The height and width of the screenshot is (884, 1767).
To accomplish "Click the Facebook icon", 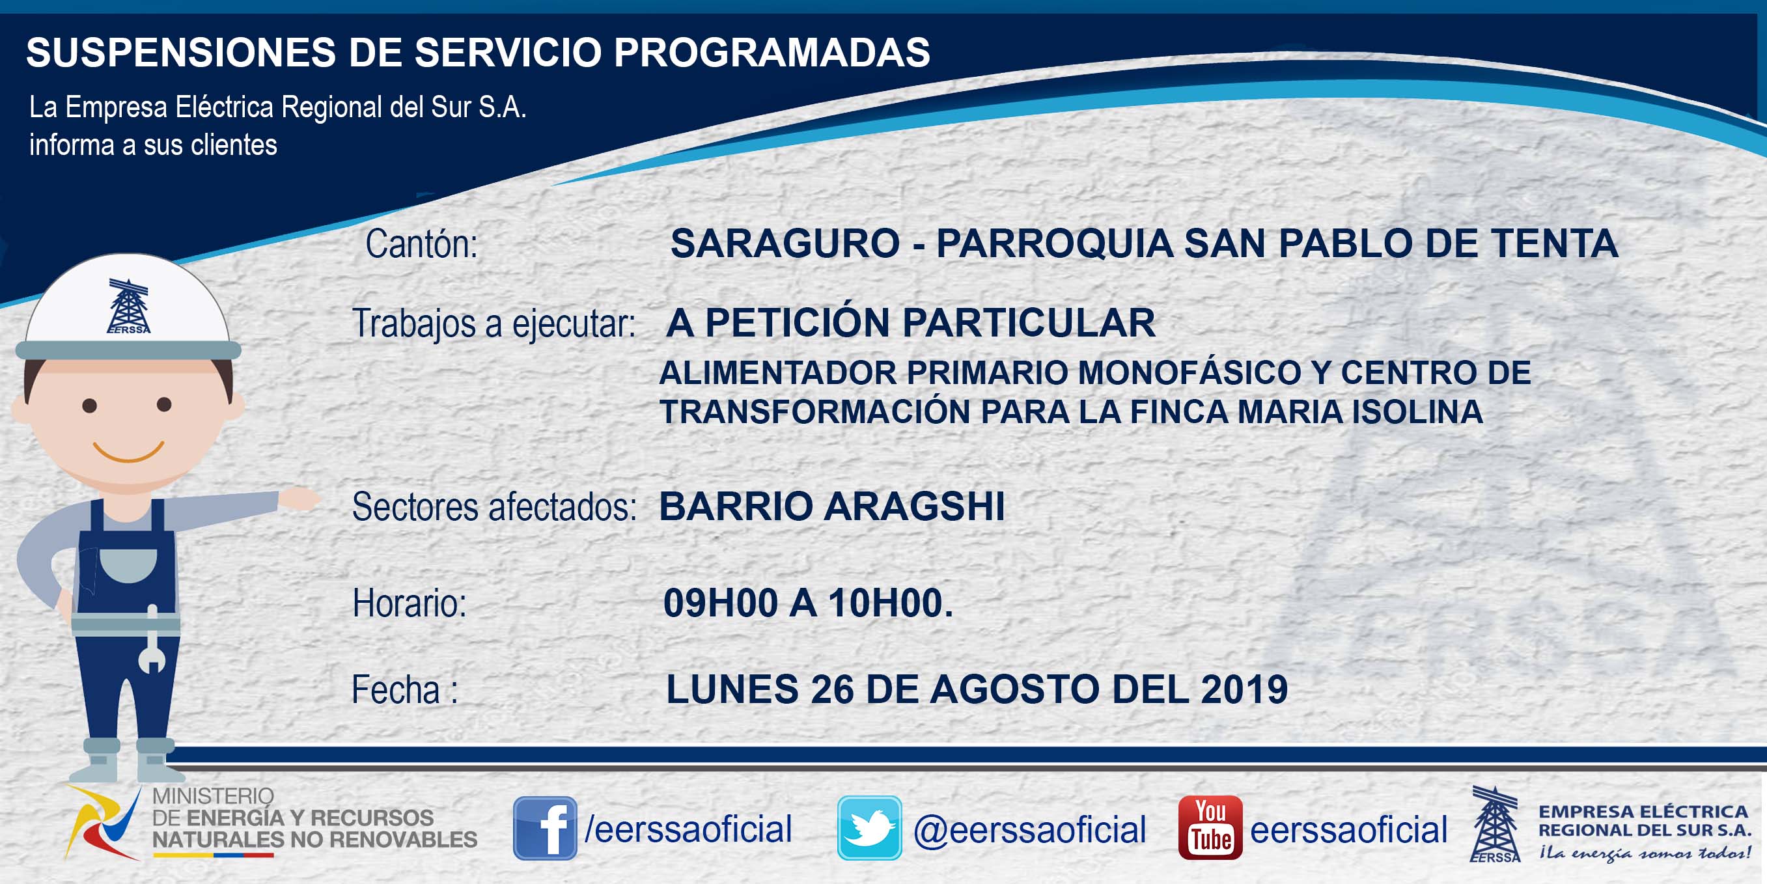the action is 546,828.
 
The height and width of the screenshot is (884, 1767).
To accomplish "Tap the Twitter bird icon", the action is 869,828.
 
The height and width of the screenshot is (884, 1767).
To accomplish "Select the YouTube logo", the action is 1210,828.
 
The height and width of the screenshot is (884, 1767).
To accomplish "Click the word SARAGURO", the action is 785,243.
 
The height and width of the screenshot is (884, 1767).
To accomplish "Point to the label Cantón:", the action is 421,244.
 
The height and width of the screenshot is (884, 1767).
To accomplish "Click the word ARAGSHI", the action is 914,507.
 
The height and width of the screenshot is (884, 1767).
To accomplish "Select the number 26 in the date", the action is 831,689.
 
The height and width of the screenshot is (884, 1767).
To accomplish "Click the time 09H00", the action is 720,603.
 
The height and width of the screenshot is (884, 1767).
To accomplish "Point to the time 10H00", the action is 889,603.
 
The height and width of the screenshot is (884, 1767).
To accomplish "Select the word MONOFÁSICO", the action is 1190,373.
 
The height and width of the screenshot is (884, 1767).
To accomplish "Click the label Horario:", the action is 410,603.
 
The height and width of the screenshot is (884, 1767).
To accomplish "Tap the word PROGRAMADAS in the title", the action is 772,52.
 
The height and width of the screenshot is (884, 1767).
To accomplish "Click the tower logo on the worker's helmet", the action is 128,306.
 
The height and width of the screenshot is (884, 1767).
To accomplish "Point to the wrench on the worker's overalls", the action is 152,639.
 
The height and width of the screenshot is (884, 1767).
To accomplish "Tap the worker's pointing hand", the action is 299,498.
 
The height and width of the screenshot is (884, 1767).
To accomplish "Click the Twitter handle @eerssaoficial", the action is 1029,829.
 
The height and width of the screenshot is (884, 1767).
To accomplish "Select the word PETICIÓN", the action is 798,323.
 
